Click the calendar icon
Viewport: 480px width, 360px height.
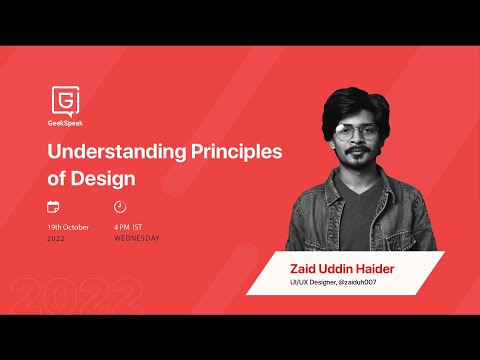pos(54,207)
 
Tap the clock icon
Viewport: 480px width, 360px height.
pos(120,207)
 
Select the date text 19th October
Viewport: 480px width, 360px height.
pos(68,227)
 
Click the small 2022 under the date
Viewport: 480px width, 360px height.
pos(56,238)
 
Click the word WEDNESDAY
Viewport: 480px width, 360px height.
pos(136,238)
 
